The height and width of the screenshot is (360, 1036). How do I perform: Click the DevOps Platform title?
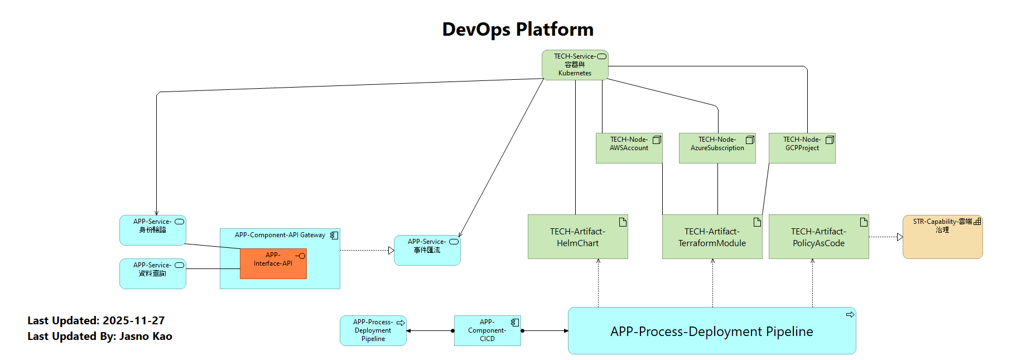tap(518, 29)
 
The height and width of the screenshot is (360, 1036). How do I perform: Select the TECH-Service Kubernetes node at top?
tap(575, 65)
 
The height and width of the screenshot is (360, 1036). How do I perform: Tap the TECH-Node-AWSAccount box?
tap(629, 148)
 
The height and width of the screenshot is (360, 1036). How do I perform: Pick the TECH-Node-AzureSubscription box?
tap(717, 148)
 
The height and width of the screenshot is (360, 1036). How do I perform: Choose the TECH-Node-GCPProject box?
tap(802, 148)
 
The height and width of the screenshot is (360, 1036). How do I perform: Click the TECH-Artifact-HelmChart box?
tap(577, 237)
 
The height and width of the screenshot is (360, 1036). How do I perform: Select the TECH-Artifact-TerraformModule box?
tap(712, 237)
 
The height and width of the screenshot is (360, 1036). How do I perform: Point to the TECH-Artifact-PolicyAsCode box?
tap(818, 237)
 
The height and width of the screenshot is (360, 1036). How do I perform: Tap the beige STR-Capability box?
tap(942, 237)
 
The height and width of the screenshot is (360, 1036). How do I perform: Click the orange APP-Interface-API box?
tap(273, 263)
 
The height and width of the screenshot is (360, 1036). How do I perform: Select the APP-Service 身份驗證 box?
tap(152, 230)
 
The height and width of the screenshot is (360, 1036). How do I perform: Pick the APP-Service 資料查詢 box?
tap(152, 273)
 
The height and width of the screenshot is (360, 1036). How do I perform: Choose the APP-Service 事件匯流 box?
tap(427, 250)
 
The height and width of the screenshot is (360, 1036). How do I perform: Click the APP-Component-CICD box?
tap(487, 330)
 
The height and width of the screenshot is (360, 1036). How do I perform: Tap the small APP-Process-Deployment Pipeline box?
tap(373, 330)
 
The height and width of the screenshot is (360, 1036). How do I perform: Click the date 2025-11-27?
tap(134, 320)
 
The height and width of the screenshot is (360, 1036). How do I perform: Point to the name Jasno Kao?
tap(146, 336)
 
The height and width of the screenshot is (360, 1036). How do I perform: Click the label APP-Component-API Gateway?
tap(280, 235)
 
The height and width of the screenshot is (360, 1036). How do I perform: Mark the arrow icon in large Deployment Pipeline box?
tap(850, 315)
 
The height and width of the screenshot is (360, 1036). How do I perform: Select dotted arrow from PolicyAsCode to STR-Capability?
tap(885, 237)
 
